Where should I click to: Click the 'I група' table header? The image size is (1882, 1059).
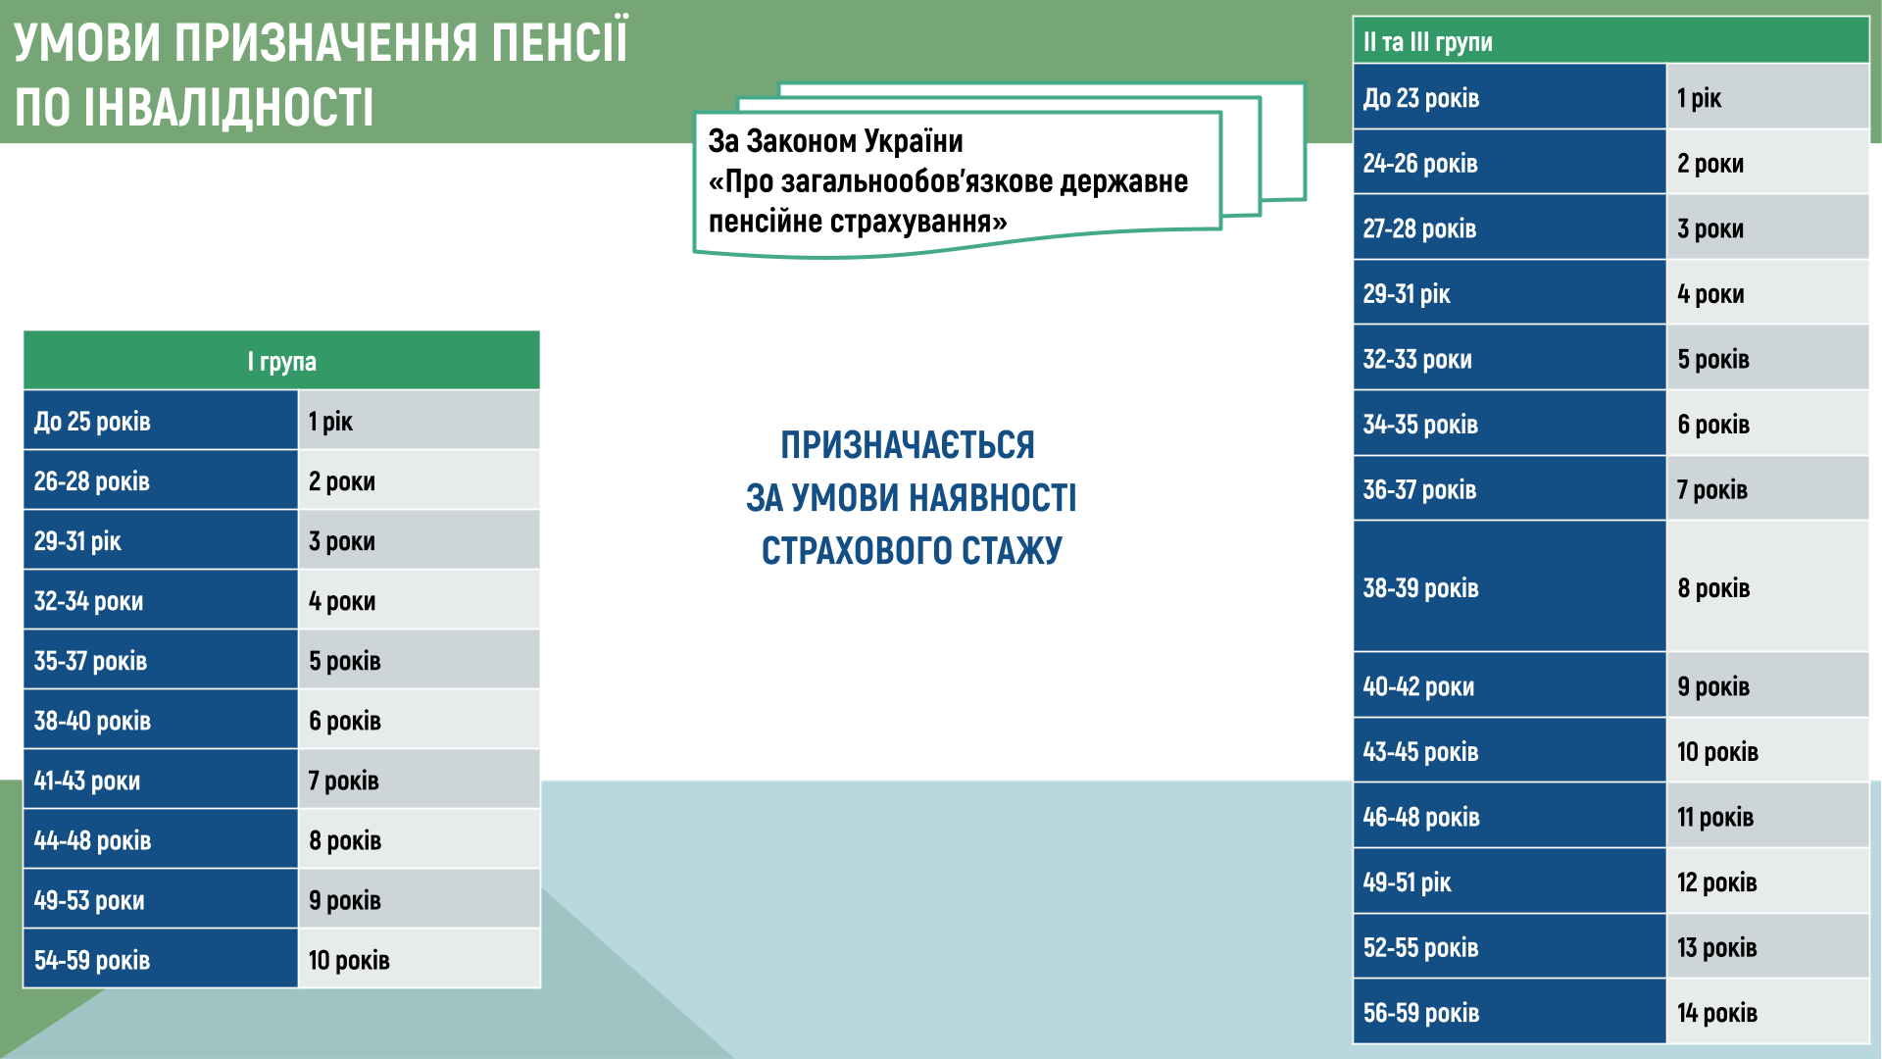281,361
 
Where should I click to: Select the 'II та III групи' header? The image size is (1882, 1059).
1611,41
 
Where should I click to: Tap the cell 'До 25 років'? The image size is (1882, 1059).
161,421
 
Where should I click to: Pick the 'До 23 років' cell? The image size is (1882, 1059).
1510,97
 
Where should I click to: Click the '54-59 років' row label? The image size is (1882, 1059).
161,959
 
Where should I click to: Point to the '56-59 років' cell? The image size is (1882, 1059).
1510,1012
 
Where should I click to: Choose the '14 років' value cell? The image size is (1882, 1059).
1768,1012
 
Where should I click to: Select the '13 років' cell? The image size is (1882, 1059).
1768,947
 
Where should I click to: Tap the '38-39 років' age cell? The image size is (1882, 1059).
1510,587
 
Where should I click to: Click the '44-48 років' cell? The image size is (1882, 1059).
161,839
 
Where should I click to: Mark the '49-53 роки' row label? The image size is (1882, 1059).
161,899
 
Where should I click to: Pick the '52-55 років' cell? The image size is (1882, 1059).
1510,947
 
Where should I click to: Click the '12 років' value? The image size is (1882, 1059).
1768,882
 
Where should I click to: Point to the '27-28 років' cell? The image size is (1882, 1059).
1510,227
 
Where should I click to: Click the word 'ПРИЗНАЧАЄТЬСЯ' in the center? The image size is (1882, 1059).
908,445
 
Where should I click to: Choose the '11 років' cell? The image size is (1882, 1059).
1768,816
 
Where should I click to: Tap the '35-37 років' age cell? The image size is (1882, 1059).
161,660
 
